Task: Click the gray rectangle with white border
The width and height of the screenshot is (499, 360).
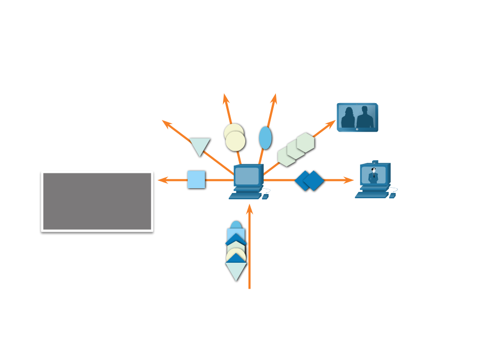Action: tap(97, 201)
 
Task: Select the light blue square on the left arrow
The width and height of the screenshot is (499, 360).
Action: tap(196, 179)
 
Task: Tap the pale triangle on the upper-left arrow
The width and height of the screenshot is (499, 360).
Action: tap(200, 145)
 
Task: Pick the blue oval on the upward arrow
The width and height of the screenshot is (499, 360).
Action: tap(265, 138)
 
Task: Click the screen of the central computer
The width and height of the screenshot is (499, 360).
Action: tap(247, 176)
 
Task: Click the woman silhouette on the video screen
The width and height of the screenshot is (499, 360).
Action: tap(348, 118)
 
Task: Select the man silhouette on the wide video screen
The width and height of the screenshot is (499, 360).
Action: tap(365, 118)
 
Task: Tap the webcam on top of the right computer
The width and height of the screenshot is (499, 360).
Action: tap(375, 162)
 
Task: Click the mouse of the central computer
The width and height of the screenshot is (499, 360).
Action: tap(265, 197)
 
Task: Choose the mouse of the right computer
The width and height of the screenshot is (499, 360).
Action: tap(392, 196)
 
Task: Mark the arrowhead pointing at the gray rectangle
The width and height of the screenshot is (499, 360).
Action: tap(162, 180)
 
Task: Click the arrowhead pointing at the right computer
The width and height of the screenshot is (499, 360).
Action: tap(349, 180)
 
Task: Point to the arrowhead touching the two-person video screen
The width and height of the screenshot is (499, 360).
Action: tap(331, 124)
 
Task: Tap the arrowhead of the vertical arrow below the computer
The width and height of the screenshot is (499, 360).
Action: tap(249, 209)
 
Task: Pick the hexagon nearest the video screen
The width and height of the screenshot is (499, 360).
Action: tap(306, 142)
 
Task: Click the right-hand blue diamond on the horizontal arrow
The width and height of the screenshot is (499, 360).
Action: tap(314, 180)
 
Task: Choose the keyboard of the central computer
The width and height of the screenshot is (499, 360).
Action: tap(245, 196)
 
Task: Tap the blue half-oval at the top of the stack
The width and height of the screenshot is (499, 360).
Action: tap(236, 225)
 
